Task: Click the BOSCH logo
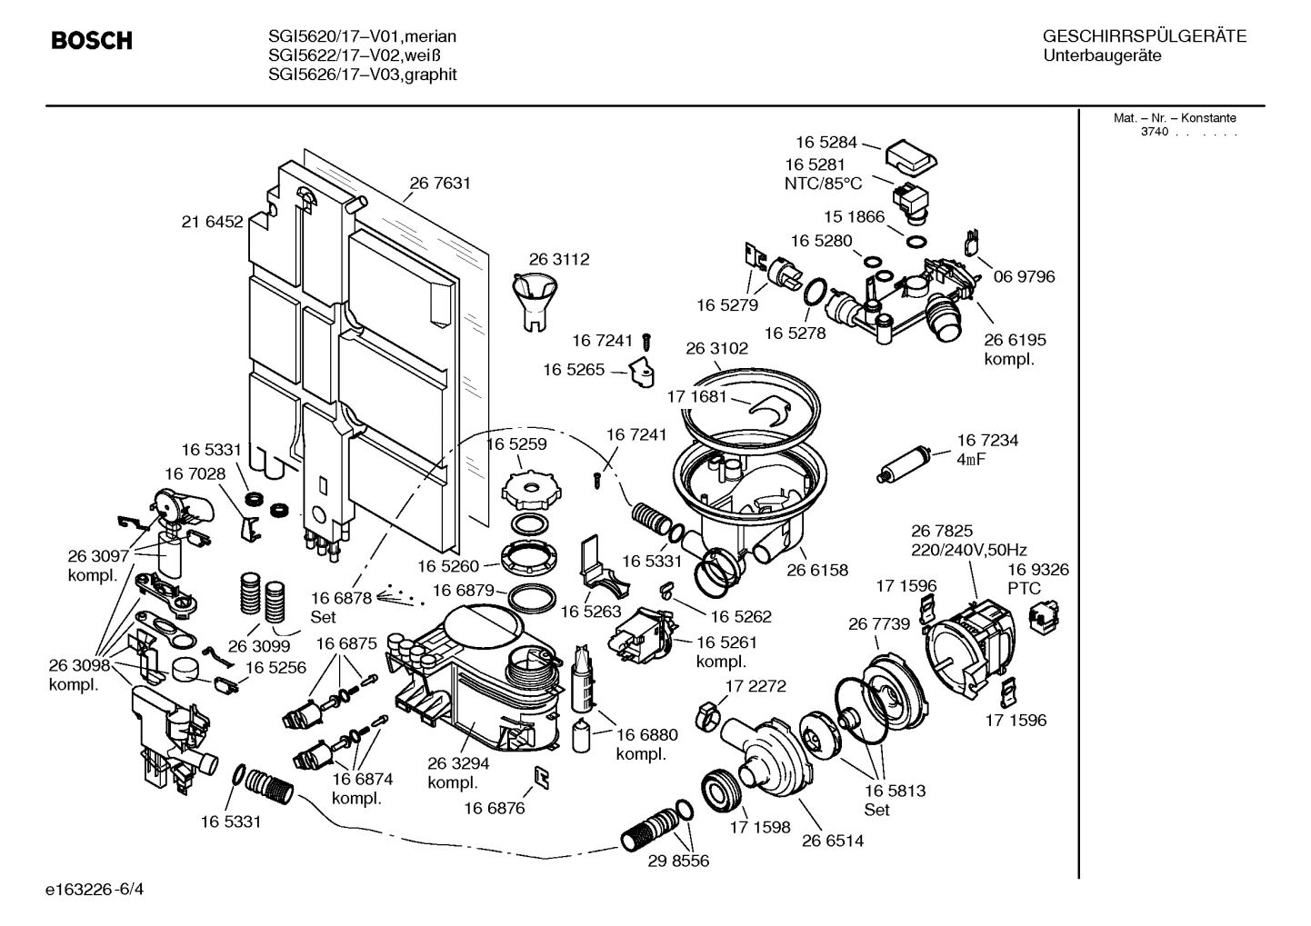click(92, 41)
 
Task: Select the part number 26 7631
click(440, 183)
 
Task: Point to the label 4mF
click(971, 460)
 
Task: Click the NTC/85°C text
click(823, 184)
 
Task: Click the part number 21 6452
click(213, 221)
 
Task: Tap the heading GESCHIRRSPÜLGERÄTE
click(1144, 36)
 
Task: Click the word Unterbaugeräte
click(1102, 55)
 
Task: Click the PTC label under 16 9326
click(1024, 589)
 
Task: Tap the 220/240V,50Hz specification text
click(969, 550)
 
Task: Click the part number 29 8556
click(677, 861)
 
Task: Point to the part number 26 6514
click(833, 841)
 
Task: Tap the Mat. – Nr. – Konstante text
click(1175, 118)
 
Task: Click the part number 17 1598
click(760, 828)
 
